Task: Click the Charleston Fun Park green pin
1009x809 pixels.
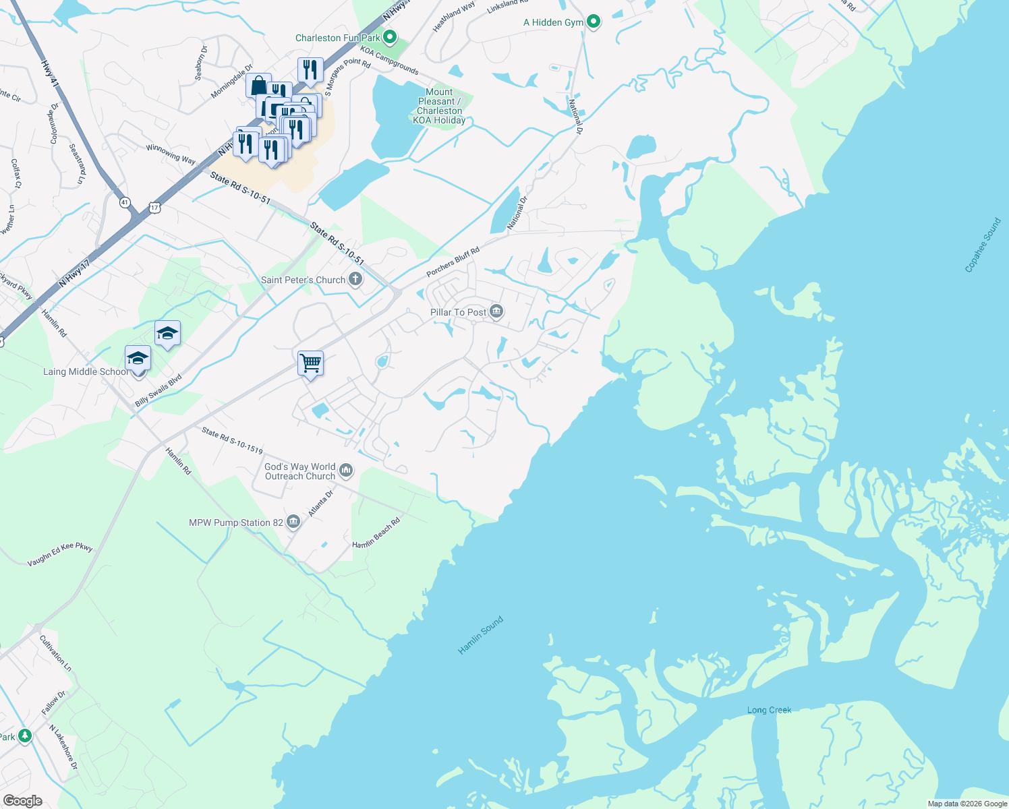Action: (389, 37)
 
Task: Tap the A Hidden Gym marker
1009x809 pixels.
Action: (594, 22)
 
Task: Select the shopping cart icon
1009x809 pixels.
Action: (310, 363)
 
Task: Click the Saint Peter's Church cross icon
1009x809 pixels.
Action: (355, 280)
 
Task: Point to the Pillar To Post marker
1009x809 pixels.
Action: (496, 311)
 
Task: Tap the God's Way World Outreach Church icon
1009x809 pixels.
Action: (346, 470)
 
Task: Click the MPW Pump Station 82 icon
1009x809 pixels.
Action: (293, 522)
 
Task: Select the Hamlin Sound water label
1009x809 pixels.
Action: (480, 635)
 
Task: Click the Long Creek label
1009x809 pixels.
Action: (769, 710)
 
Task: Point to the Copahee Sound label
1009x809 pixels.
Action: (983, 245)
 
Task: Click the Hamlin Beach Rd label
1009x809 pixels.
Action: (376, 533)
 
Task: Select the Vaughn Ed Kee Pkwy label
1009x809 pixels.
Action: (60, 554)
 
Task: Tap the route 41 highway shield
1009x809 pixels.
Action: (125, 202)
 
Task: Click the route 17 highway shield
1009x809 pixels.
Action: (155, 208)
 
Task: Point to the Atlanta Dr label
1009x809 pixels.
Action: (321, 504)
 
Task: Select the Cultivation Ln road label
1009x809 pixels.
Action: (55, 653)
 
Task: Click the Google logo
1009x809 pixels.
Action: (23, 801)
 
